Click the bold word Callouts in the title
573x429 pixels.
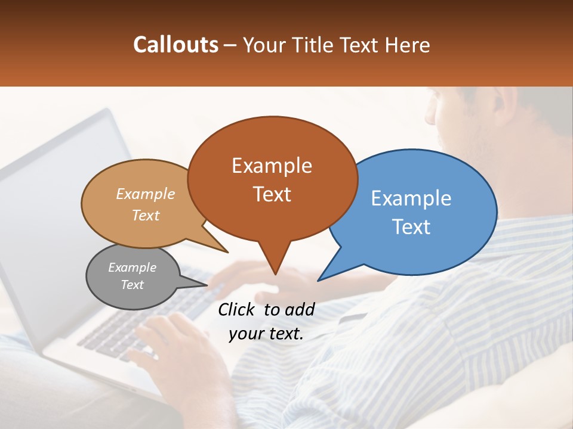tap(175, 45)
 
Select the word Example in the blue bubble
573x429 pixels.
tap(411, 198)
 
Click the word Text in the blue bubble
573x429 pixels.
tap(411, 227)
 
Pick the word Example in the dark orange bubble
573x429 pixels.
tap(272, 166)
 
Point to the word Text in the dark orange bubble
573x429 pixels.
tap(272, 194)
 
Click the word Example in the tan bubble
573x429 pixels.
tap(146, 194)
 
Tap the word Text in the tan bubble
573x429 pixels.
tap(146, 215)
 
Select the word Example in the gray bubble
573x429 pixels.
tap(132, 268)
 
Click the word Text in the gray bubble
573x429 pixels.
tap(132, 285)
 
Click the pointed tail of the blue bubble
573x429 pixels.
tap(320, 279)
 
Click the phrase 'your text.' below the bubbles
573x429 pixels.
tap(266, 334)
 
